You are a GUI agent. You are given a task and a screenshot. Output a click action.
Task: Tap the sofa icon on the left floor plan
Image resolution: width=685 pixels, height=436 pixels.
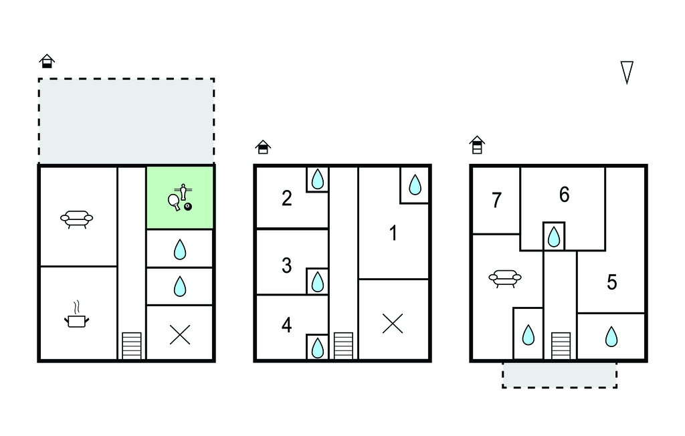76,219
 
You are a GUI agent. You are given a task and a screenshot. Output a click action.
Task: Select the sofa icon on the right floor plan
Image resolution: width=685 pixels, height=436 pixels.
505,278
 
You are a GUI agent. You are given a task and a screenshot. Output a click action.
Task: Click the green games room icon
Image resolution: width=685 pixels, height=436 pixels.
181,198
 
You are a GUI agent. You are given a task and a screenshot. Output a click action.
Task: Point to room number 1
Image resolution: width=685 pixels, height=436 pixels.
393,233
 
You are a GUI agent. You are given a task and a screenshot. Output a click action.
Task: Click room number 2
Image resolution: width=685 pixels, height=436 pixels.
287,199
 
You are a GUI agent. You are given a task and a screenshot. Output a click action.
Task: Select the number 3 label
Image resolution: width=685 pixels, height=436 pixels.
287,265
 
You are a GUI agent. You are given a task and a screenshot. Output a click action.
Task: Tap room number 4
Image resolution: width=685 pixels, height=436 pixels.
287,326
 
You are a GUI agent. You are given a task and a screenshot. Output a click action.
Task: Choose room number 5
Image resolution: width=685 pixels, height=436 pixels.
611,282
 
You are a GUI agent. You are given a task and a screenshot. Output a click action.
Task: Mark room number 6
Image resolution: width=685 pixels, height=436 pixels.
564,195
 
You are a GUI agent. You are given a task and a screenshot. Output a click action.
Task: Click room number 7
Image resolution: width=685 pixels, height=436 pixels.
496,201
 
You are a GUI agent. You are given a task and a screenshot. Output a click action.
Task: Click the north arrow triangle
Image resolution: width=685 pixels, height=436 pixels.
627,72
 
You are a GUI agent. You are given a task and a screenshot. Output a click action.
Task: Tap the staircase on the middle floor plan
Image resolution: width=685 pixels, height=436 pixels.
343,346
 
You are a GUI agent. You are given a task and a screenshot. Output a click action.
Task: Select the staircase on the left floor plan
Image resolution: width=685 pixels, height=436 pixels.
132,346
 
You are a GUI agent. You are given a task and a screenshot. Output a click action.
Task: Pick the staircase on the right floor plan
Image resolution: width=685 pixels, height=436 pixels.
561,346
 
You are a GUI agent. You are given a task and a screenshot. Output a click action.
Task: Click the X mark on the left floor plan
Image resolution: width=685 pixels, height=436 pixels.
180,334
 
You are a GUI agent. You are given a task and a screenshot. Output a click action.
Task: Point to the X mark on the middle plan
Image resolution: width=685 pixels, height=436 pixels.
393,324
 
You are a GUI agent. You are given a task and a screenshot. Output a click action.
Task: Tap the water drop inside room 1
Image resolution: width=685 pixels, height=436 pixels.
415,185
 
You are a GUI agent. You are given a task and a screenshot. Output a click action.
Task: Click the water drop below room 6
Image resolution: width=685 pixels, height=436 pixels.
554,236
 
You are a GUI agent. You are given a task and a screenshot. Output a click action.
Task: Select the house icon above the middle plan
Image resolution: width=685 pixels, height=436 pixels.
263,146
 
